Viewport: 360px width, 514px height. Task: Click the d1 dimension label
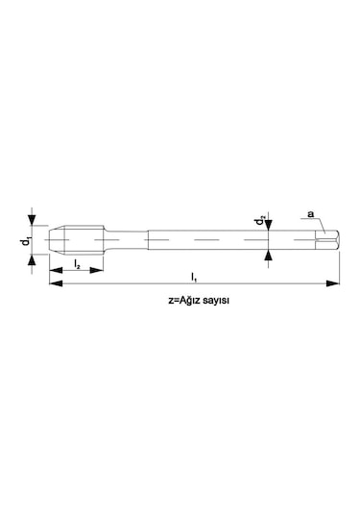click(26, 241)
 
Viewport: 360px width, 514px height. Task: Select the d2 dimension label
click(260, 220)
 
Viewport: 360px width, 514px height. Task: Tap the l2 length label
click(77, 263)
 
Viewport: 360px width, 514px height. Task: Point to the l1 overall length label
click(194, 277)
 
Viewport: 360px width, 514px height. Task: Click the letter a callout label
click(310, 214)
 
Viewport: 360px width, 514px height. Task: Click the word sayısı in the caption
click(215, 301)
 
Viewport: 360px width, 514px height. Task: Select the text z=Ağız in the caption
click(183, 301)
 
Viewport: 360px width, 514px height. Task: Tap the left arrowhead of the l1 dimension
click(56, 283)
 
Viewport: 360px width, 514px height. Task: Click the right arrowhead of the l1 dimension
click(333, 283)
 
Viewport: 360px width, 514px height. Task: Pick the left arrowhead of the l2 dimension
click(56, 270)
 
